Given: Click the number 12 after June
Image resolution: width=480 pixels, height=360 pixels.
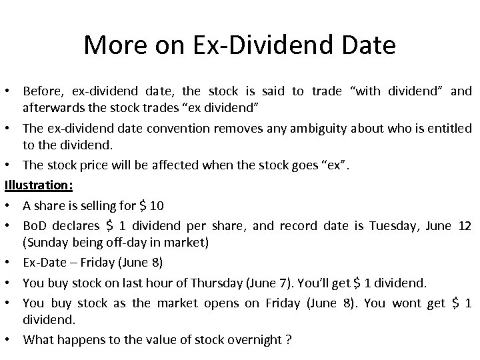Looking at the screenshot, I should click(465, 226).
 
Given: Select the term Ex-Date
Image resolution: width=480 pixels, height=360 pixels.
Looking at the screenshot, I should click(45, 263).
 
